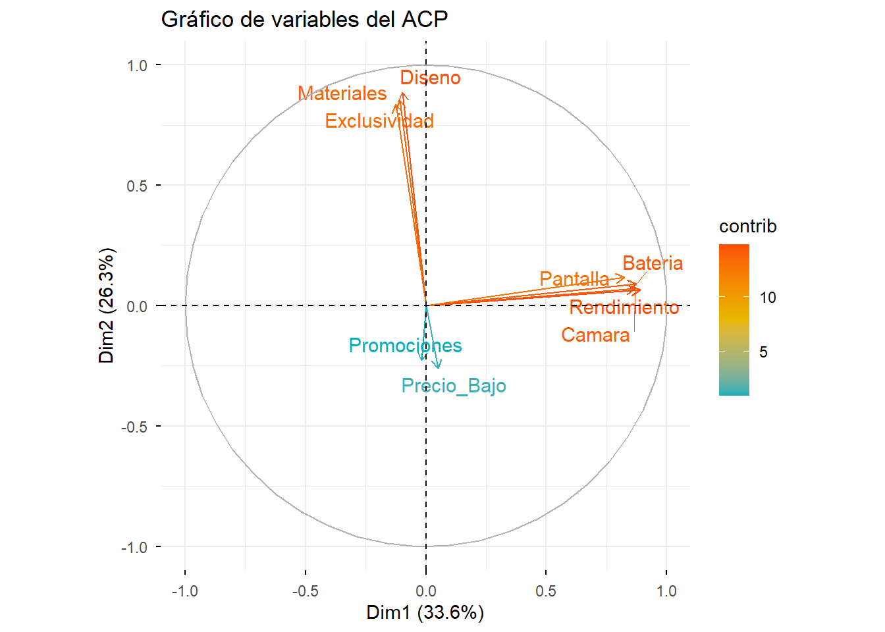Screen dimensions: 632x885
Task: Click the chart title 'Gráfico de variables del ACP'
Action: click(304, 20)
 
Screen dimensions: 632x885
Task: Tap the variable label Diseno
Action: click(430, 78)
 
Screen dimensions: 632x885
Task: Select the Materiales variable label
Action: click(342, 93)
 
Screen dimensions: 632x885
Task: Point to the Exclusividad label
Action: click(379, 121)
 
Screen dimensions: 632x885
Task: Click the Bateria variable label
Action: click(653, 263)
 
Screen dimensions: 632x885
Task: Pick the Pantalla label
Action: click(574, 279)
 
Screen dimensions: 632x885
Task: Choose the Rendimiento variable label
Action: click(624, 307)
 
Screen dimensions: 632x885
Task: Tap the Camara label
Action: click(595, 335)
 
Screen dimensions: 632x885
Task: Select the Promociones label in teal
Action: click(405, 346)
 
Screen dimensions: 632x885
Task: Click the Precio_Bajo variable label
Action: click(454, 386)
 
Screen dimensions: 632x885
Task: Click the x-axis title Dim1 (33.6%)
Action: click(425, 612)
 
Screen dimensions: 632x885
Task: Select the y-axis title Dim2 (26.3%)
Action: click(107, 305)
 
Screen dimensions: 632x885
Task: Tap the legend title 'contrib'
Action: click(747, 226)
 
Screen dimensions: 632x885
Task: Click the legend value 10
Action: click(768, 298)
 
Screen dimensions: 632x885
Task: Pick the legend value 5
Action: click(763, 352)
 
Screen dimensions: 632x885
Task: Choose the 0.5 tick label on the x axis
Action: click(546, 591)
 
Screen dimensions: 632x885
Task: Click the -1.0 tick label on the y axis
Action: click(134, 547)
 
